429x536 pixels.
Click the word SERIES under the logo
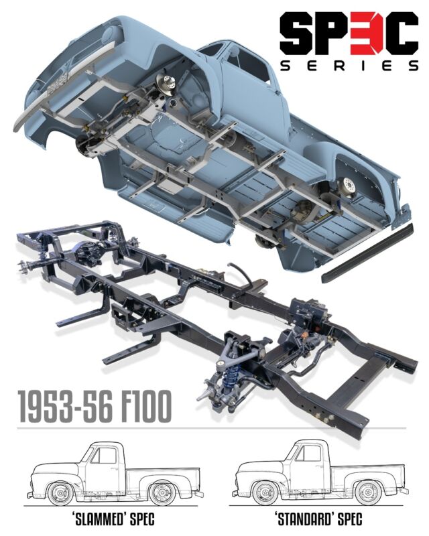tap(349, 65)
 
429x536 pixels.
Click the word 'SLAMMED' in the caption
tap(97, 519)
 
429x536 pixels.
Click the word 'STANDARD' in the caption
tap(304, 519)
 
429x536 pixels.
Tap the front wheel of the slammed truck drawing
tap(60, 494)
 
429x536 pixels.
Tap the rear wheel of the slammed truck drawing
tap(162, 494)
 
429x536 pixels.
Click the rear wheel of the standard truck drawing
tap(368, 492)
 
